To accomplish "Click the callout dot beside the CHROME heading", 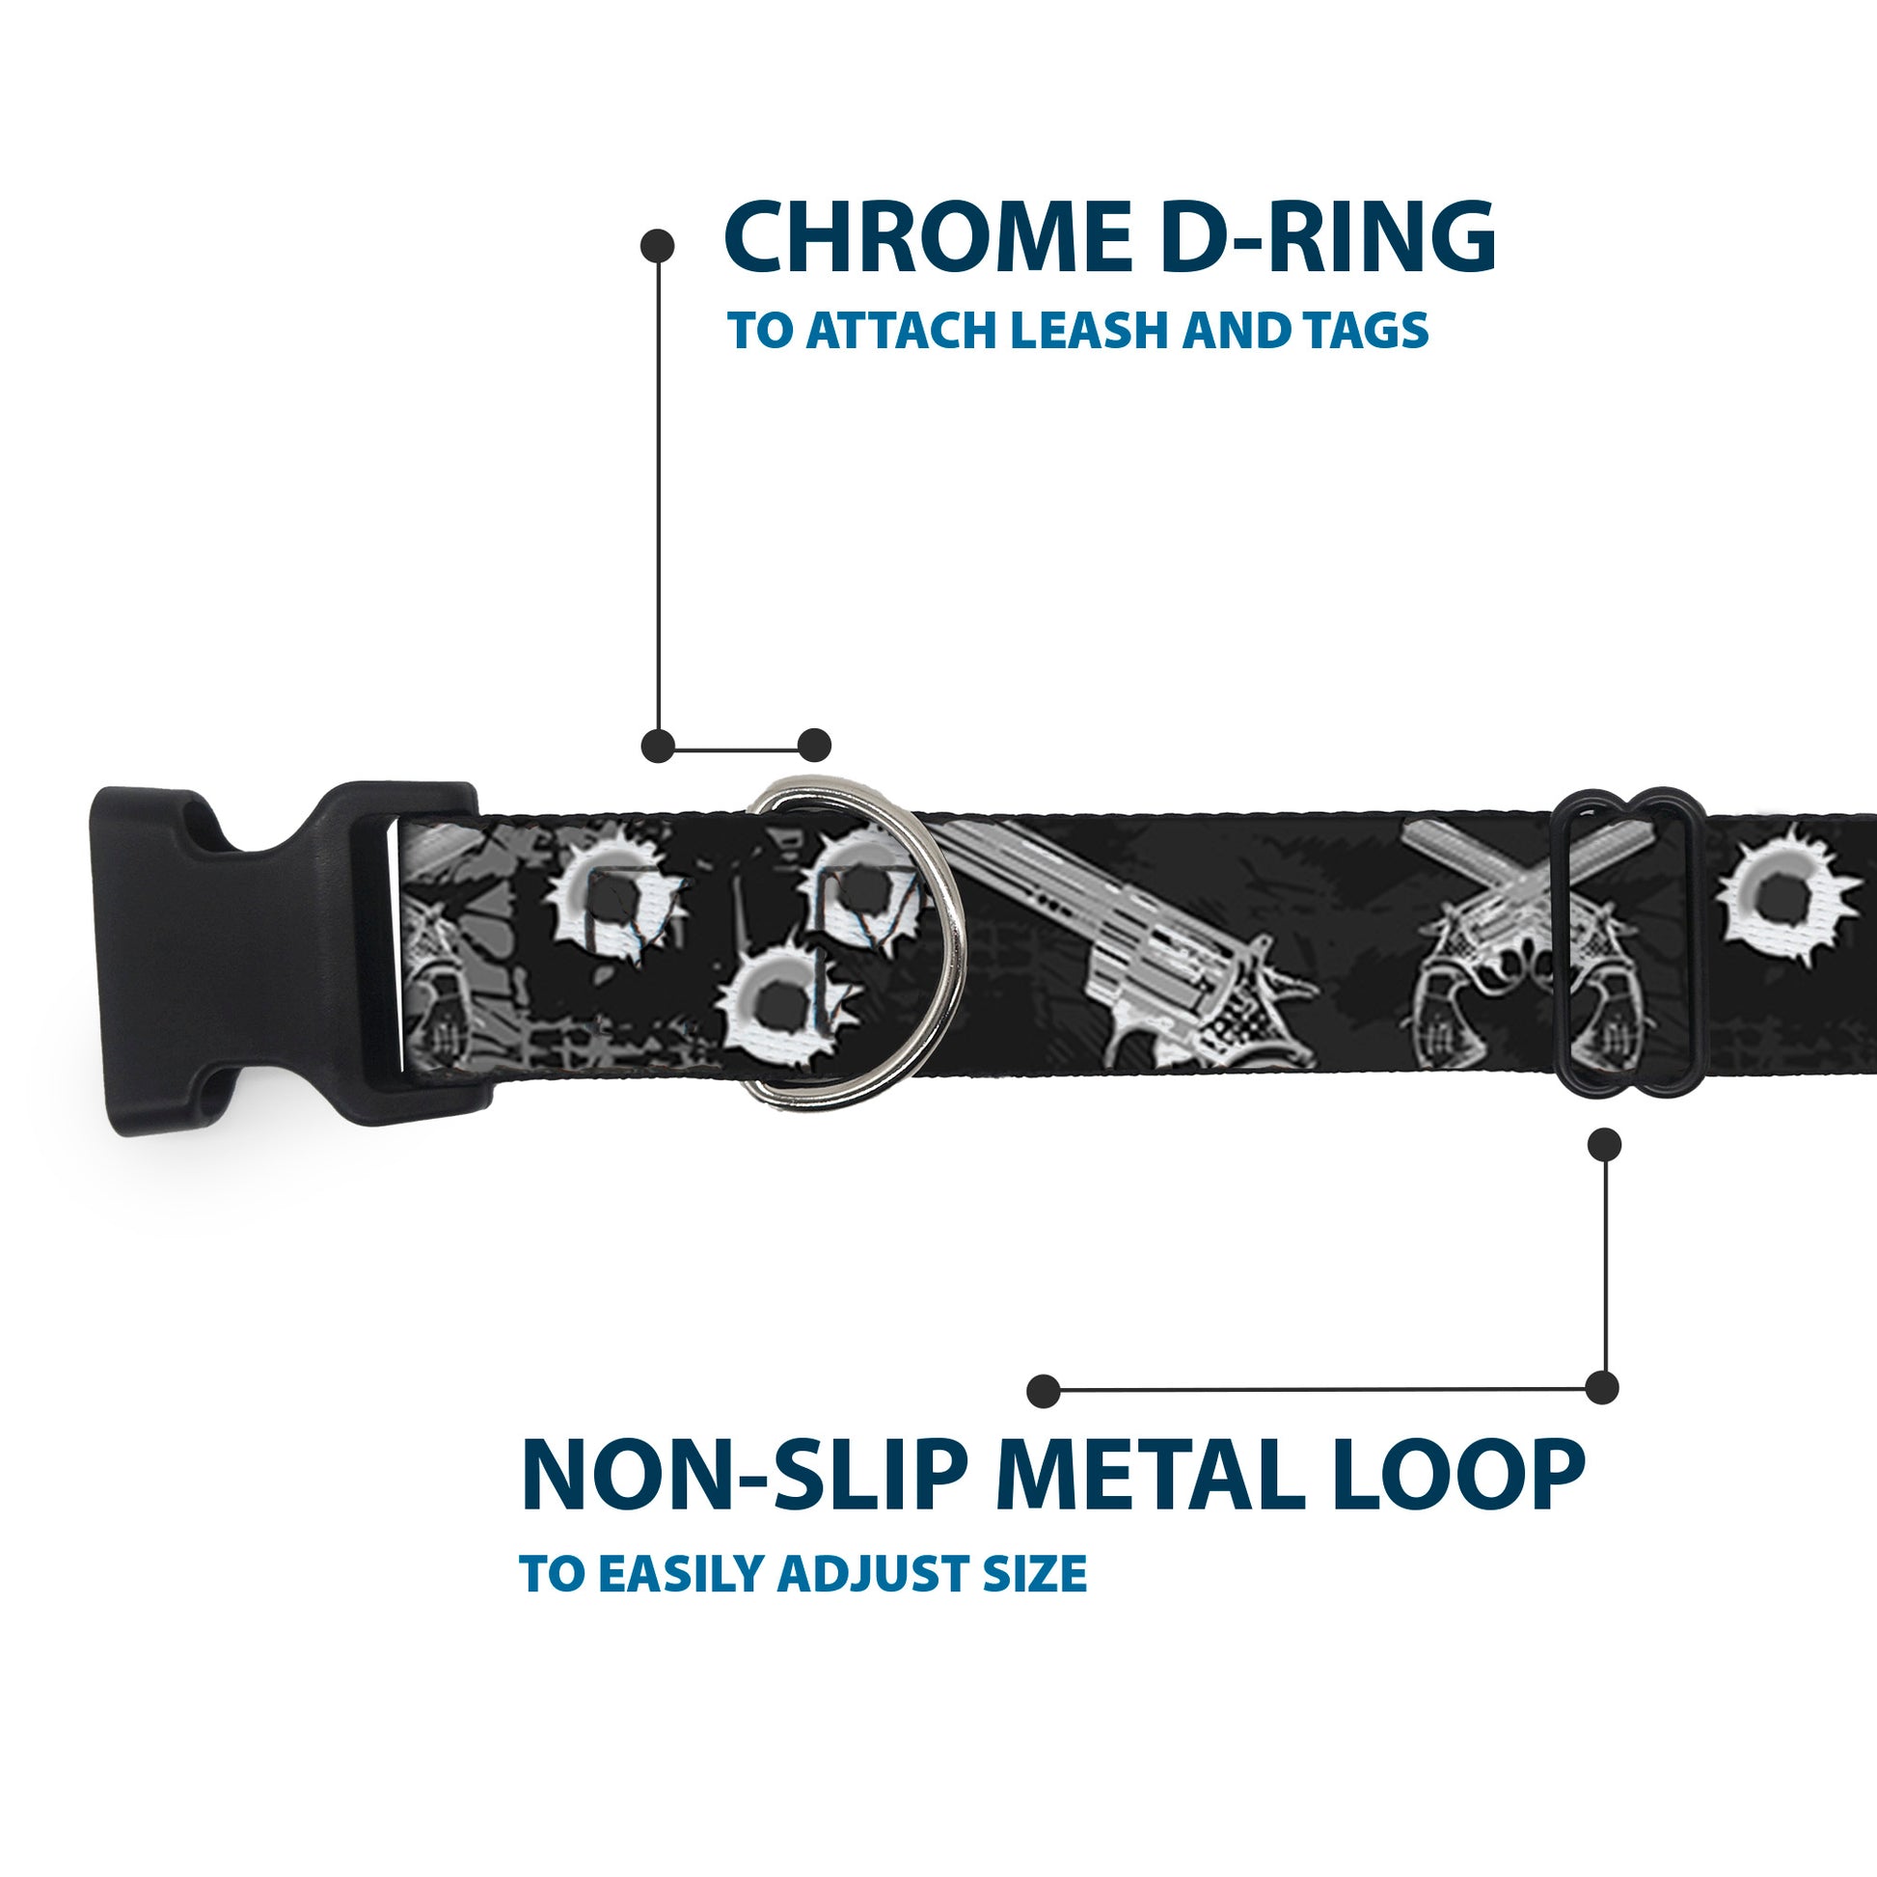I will pos(658,245).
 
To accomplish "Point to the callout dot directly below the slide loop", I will pos(1604,1145).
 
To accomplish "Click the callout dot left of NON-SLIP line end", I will pos(1044,1391).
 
